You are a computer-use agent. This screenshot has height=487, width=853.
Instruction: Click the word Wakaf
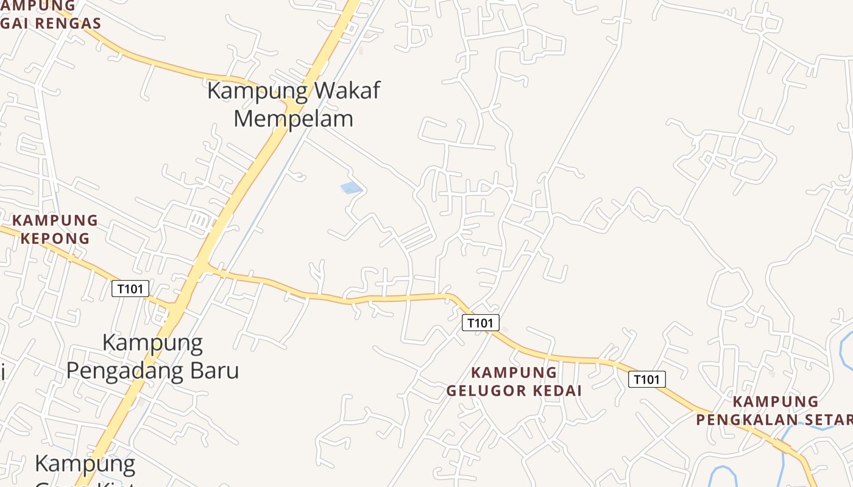346,91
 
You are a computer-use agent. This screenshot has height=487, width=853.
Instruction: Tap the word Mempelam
293,118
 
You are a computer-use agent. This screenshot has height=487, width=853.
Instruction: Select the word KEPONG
55,238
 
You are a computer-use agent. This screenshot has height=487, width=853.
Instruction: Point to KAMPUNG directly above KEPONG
55,220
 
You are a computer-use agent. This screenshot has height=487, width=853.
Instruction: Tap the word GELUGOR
488,390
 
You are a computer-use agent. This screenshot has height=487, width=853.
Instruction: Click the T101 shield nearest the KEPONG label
130,289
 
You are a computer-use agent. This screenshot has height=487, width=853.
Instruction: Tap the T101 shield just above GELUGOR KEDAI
480,323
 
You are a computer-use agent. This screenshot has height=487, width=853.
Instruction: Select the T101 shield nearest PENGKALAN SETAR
646,380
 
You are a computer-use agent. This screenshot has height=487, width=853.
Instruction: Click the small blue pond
351,188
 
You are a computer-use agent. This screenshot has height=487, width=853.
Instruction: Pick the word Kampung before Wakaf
257,91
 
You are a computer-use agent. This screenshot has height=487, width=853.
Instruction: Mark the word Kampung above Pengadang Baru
152,343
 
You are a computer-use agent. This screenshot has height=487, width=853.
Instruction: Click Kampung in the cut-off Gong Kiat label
85,464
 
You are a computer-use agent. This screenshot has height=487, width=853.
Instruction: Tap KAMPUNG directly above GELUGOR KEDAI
514,372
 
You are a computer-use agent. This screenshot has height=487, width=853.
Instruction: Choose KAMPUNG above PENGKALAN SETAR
775,402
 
